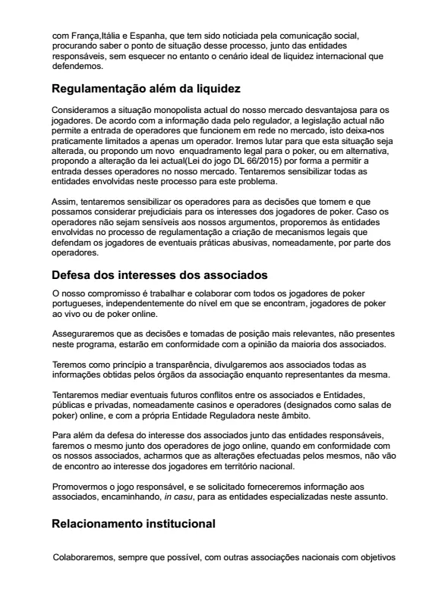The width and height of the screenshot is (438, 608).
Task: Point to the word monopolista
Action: point(168,111)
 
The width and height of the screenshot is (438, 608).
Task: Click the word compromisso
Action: point(109,292)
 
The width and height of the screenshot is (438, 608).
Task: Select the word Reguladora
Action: point(234,416)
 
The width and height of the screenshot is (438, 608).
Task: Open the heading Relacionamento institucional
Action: point(134,523)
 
